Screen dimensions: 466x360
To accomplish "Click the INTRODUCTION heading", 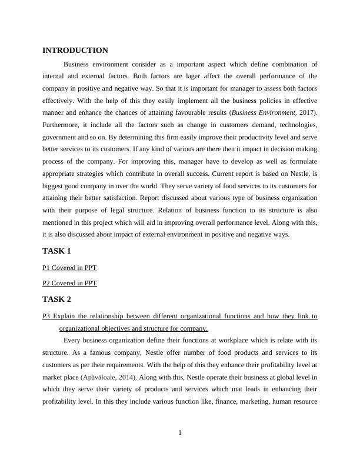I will click(x=75, y=51).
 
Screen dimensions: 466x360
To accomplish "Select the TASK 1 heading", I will click(x=56, y=251).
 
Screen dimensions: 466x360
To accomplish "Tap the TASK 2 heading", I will click(x=56, y=299).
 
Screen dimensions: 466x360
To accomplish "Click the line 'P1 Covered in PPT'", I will click(x=69, y=268).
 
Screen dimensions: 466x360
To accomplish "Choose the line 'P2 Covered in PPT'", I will click(x=69, y=283).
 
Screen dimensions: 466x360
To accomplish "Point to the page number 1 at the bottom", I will click(x=180, y=434).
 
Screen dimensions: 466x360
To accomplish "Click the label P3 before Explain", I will click(x=47, y=317).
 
